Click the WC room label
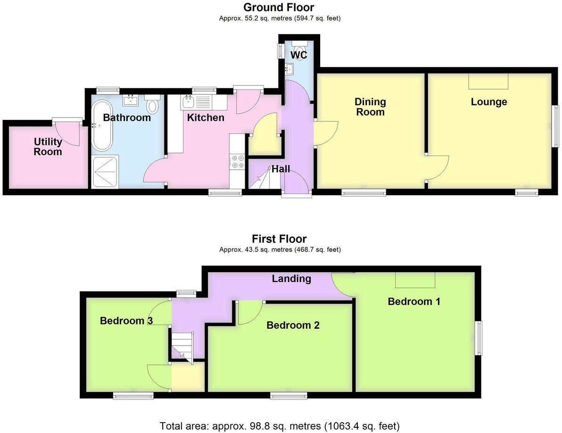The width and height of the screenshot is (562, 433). pyautogui.click(x=298, y=55)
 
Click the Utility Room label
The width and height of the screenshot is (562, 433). pyautogui.click(x=48, y=147)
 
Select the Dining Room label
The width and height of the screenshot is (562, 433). pyautogui.click(x=370, y=107)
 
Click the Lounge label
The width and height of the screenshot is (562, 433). pyautogui.click(x=489, y=102)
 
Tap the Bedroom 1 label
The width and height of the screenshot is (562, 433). pyautogui.click(x=414, y=301)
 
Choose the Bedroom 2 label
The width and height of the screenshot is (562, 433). pyautogui.click(x=293, y=325)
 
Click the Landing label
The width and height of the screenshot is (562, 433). pyautogui.click(x=291, y=278)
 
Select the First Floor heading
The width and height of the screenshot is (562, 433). pyautogui.click(x=279, y=239)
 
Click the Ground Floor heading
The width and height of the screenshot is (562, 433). pyautogui.click(x=279, y=7)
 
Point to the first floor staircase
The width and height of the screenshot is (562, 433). pyautogui.click(x=182, y=347)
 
